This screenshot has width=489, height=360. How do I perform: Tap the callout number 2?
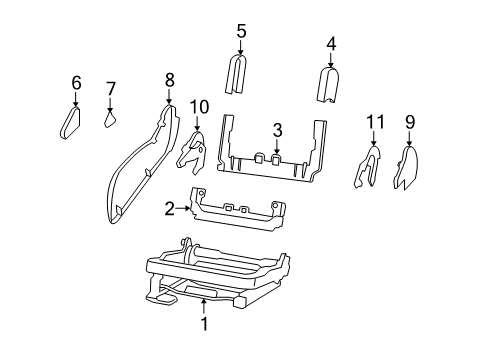point(169,208)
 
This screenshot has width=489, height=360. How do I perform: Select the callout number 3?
point(278,129)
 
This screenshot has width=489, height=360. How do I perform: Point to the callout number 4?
point(331,43)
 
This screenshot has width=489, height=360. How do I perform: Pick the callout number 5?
point(241,31)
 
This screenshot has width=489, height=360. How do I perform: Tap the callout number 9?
point(409,123)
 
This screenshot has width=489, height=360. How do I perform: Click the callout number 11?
point(374,122)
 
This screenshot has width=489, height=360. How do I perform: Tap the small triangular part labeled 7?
point(111,119)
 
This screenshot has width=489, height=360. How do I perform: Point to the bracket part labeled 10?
point(193,150)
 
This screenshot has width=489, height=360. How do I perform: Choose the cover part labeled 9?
point(409,168)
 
